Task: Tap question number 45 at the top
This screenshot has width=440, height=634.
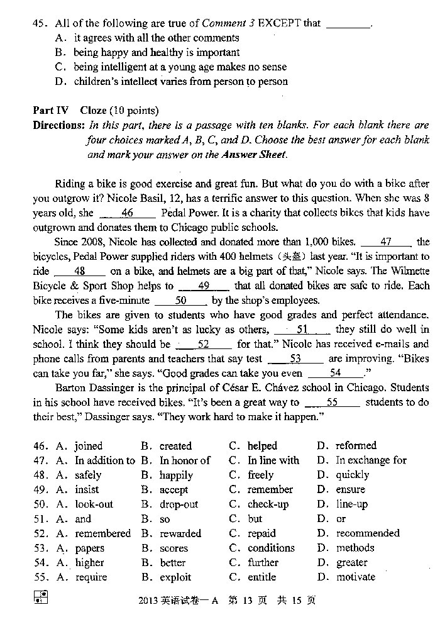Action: [40, 24]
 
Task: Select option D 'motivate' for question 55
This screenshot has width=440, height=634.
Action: [355, 577]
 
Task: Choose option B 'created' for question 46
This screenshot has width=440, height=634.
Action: [175, 446]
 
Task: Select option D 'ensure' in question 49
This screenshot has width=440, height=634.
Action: [350, 489]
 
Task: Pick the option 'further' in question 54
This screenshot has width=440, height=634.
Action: [263, 562]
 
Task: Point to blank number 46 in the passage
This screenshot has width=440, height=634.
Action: [127, 213]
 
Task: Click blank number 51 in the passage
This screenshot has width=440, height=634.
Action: [302, 329]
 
